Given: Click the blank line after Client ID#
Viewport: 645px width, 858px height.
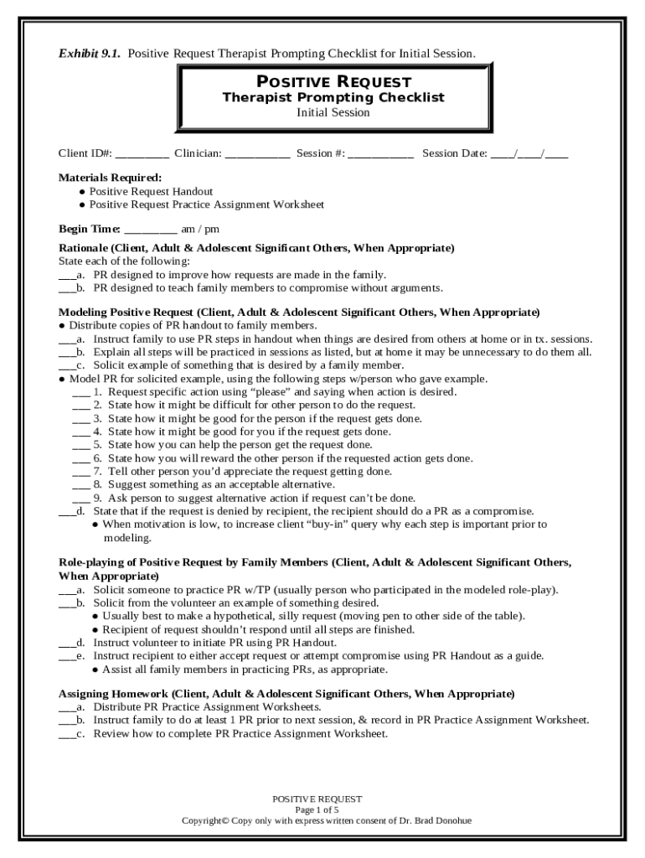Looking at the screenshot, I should [x=142, y=155].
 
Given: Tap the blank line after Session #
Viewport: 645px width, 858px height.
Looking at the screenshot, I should [x=380, y=155].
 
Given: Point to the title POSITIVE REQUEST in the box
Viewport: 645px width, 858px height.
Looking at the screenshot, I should [x=333, y=81].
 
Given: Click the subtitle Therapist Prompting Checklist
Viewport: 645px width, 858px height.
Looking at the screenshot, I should [x=333, y=97].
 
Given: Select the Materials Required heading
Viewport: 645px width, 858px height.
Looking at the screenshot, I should [x=110, y=178].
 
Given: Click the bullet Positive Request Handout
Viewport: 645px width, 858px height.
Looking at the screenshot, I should [x=151, y=191].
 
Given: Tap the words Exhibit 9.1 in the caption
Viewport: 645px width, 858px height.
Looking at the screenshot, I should [x=89, y=54].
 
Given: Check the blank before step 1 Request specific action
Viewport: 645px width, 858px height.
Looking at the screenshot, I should [x=80, y=393].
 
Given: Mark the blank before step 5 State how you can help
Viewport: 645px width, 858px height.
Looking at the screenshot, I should [x=80, y=446].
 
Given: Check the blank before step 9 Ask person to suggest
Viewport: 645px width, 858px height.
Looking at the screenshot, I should [x=80, y=499].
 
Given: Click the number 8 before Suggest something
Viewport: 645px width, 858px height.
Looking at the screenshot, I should [x=97, y=484].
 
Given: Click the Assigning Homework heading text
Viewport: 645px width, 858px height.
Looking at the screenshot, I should [x=113, y=694].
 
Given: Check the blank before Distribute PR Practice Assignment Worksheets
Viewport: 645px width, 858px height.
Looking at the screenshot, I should [x=66, y=708].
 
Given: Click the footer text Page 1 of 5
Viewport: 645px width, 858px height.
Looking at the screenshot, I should [x=322, y=810].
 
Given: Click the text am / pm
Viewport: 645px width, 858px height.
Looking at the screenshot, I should [x=200, y=229].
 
